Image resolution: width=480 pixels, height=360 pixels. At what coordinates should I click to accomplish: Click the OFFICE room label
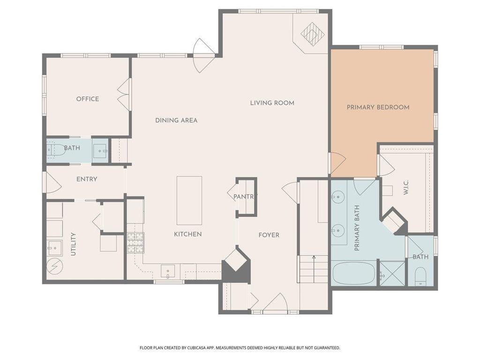click(x=88, y=99)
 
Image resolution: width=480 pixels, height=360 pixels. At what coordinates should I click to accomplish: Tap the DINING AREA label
click(x=176, y=120)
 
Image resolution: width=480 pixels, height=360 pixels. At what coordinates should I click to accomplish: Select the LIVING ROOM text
click(x=272, y=103)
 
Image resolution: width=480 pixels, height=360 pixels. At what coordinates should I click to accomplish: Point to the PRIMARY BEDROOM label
click(x=378, y=107)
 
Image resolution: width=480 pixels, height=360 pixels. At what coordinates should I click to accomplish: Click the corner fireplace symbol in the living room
click(x=313, y=34)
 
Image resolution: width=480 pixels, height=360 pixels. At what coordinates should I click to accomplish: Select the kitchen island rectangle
click(x=189, y=201)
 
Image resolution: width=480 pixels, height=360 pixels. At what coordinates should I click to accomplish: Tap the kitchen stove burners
click(x=135, y=243)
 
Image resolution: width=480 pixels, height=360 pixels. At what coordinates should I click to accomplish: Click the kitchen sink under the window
click(x=168, y=271)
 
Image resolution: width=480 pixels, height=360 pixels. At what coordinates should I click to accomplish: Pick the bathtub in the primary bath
click(x=353, y=273)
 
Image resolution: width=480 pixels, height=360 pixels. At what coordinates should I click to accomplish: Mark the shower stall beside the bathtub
click(x=392, y=274)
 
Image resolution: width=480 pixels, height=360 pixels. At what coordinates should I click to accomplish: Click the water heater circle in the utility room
click(x=55, y=266)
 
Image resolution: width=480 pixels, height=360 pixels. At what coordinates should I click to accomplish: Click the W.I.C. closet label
click(x=406, y=187)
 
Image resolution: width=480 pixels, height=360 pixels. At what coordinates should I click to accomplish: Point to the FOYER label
click(x=269, y=235)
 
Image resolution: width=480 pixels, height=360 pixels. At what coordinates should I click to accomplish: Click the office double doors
click(x=124, y=95)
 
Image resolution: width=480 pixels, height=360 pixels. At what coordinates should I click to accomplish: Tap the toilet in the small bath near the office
click(x=55, y=150)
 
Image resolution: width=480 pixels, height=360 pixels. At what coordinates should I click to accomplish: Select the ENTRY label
click(x=87, y=179)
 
